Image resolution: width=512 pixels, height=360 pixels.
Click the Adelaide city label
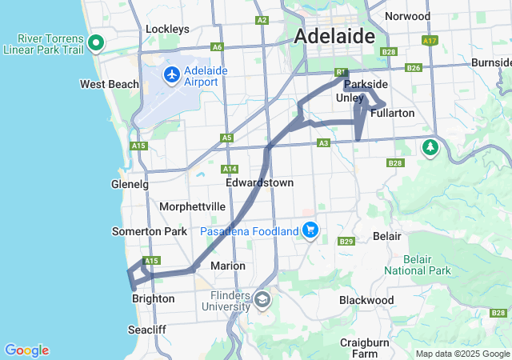click(x=335, y=36)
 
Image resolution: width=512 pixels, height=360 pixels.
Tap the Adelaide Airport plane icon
click(x=171, y=75)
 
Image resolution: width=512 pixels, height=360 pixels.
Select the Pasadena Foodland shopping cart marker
click(x=310, y=231)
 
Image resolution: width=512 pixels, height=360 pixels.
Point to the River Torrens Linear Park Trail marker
click(x=97, y=43)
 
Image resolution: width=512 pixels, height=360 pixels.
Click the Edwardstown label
click(x=259, y=182)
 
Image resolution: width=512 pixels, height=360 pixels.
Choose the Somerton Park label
click(x=149, y=231)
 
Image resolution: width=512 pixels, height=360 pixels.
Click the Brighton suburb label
click(x=153, y=298)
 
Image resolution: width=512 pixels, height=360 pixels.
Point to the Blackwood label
click(x=366, y=300)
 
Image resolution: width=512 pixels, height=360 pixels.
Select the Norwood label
click(x=407, y=16)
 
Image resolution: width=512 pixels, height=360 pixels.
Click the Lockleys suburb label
click(x=167, y=30)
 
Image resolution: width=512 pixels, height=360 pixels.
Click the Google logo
click(x=26, y=350)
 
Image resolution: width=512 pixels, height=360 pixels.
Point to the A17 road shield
click(x=430, y=40)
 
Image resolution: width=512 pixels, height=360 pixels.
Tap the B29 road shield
click(x=346, y=242)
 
